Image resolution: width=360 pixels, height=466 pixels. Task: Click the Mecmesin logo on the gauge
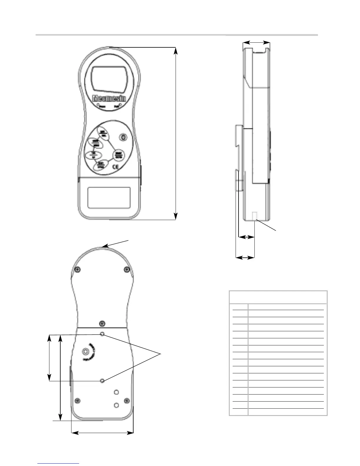109,98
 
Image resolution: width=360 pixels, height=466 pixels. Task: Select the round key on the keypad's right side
119,155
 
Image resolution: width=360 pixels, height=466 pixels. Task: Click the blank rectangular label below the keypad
109,198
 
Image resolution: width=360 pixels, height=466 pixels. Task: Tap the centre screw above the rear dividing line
102,323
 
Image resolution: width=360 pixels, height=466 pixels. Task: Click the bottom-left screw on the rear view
78,400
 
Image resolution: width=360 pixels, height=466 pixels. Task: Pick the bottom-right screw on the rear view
127,400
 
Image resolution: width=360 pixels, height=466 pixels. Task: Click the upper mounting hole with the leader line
102,334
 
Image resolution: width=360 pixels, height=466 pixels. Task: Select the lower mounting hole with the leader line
102,381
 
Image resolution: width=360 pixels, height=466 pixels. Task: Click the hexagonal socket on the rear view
86,351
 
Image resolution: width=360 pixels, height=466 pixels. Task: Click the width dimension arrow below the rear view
102,433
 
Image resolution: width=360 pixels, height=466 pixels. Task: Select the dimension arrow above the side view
256,43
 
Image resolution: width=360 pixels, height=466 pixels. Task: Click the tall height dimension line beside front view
176,133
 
